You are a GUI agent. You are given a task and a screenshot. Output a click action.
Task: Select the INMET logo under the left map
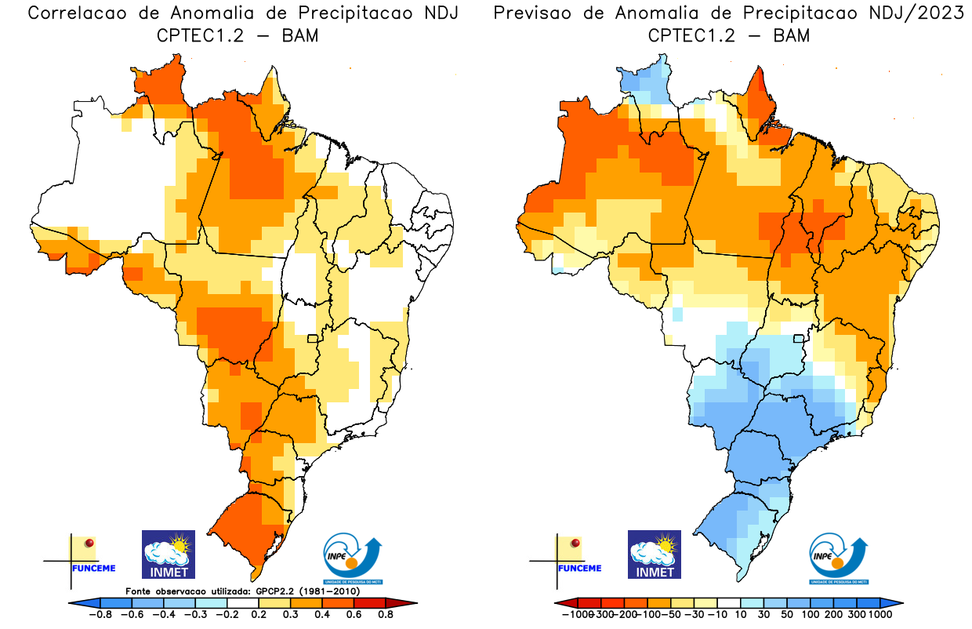(x=168, y=554)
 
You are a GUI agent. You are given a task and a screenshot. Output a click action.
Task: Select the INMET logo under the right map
(x=655, y=554)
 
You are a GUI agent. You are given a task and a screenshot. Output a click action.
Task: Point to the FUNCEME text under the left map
(x=93, y=568)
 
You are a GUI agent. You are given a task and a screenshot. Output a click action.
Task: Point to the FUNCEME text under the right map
(x=579, y=568)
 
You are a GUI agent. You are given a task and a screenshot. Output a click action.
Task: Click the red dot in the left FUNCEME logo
(x=89, y=543)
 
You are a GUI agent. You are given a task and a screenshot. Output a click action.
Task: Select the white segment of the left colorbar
(x=242, y=602)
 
